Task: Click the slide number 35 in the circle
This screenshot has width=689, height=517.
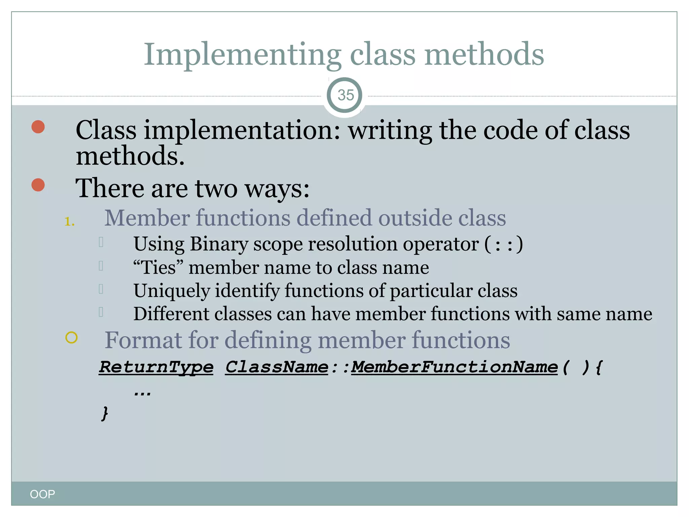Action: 346,95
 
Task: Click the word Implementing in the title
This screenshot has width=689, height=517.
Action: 242,55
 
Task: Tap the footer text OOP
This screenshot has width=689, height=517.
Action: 42,494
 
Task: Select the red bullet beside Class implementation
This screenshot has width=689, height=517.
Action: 38,127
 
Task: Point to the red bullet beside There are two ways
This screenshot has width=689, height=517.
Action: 38,185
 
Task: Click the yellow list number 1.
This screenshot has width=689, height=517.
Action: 69,221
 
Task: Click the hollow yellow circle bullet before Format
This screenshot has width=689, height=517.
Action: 72,337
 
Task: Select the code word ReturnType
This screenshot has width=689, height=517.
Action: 156,367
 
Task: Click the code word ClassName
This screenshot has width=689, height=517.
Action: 277,367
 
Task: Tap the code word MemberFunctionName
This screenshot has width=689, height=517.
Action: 454,367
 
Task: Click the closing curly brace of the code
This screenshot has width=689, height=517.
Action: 105,413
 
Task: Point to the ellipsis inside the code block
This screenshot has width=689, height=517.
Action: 142,392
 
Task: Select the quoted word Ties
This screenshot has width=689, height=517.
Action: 158,268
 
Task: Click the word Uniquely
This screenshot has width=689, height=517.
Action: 171,290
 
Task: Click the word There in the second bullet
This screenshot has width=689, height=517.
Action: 110,188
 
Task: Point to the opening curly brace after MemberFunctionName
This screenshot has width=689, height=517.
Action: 599,367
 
